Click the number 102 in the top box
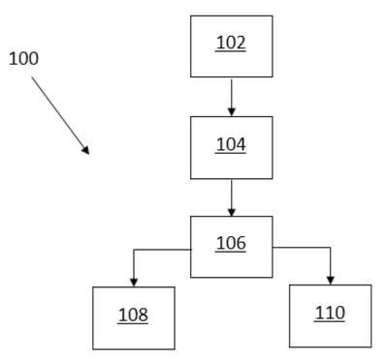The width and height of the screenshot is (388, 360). coord(231,43)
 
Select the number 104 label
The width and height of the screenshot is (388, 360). coord(231,144)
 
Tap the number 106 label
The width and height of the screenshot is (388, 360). coord(231,243)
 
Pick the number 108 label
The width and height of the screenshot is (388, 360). coord(133,315)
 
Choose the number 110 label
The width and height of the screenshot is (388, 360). coord(330,313)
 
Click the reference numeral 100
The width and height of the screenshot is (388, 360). coord(23,59)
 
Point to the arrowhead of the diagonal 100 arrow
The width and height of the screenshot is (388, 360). coord(85,151)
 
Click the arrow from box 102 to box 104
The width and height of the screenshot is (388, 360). coord(232,98)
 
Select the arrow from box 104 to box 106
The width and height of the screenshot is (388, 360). coord(232,198)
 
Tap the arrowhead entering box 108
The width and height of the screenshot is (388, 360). coord(134,283)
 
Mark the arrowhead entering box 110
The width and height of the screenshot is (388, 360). coord(330,281)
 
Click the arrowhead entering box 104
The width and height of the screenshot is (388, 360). coord(232,112)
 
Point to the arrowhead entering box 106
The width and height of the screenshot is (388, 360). coord(232,212)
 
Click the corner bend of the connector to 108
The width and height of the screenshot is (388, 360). coord(134,250)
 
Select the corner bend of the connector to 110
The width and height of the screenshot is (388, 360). coord(330,248)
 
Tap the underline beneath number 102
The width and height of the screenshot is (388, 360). coord(231,51)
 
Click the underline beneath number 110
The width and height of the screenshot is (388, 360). coord(330,321)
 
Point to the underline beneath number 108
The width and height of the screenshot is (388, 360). coord(133,323)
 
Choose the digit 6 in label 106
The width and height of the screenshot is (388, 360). coord(241,243)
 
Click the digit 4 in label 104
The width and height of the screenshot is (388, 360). coord(241,144)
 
